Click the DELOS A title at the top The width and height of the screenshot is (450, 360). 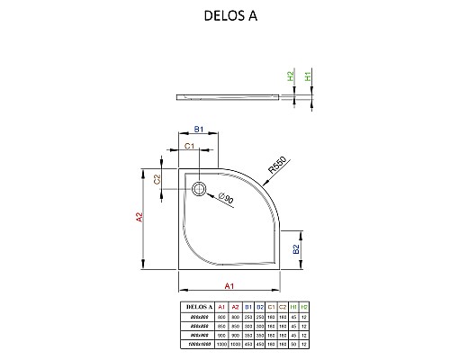[225, 15]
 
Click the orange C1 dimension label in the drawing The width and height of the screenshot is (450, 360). [190, 146]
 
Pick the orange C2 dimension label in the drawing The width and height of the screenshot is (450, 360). [157, 180]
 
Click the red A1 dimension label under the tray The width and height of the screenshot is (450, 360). [229, 286]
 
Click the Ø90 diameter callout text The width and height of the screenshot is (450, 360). [226, 198]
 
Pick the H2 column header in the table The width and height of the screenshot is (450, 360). [304, 308]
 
